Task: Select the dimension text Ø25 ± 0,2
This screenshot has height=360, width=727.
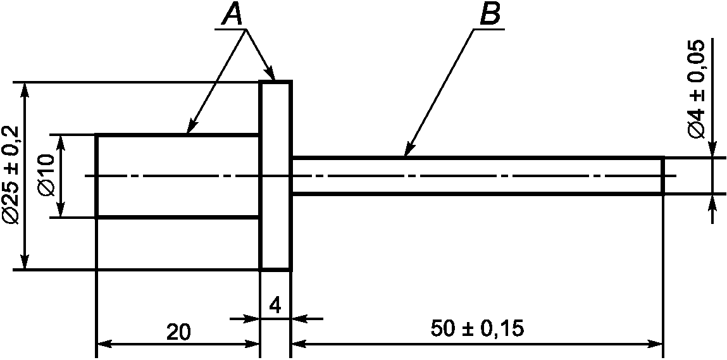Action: (11, 175)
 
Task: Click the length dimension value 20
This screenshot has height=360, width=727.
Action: (178, 332)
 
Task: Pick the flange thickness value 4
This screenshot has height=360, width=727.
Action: (275, 306)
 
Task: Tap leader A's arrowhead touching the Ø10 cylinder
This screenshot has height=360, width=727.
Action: (191, 127)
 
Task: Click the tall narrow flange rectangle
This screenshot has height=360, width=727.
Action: (276, 175)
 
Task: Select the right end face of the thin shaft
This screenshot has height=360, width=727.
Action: (662, 175)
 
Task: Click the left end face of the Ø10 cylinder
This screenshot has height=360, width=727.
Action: (96, 175)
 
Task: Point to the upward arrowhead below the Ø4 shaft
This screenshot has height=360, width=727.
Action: (712, 202)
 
